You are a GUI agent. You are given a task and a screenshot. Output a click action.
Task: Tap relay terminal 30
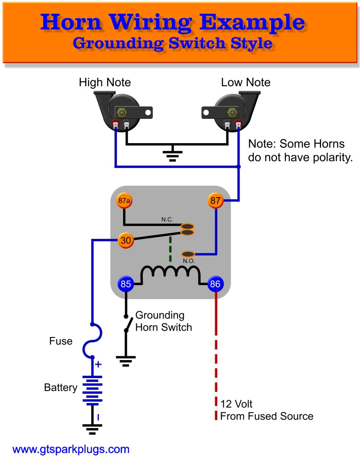coord(126,241)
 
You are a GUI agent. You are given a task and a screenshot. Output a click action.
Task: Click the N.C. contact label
coord(167,219)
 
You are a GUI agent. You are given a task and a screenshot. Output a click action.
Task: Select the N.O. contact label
coord(189,260)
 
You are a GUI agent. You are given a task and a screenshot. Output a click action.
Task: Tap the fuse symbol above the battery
coord(93,340)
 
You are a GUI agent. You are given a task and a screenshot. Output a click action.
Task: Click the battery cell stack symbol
coord(92,390)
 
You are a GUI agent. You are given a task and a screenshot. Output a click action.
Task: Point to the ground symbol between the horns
coord(173,154)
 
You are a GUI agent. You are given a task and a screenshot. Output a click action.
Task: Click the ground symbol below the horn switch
coord(126,361)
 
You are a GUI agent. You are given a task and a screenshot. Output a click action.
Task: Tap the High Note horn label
coord(105,82)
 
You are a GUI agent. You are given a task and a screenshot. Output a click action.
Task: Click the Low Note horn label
coord(246,82)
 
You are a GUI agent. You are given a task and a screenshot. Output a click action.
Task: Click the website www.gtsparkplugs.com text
coord(71,449)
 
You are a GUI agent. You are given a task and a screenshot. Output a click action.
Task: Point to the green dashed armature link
coord(171,249)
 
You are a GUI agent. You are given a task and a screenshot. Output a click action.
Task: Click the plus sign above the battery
coord(98,364)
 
